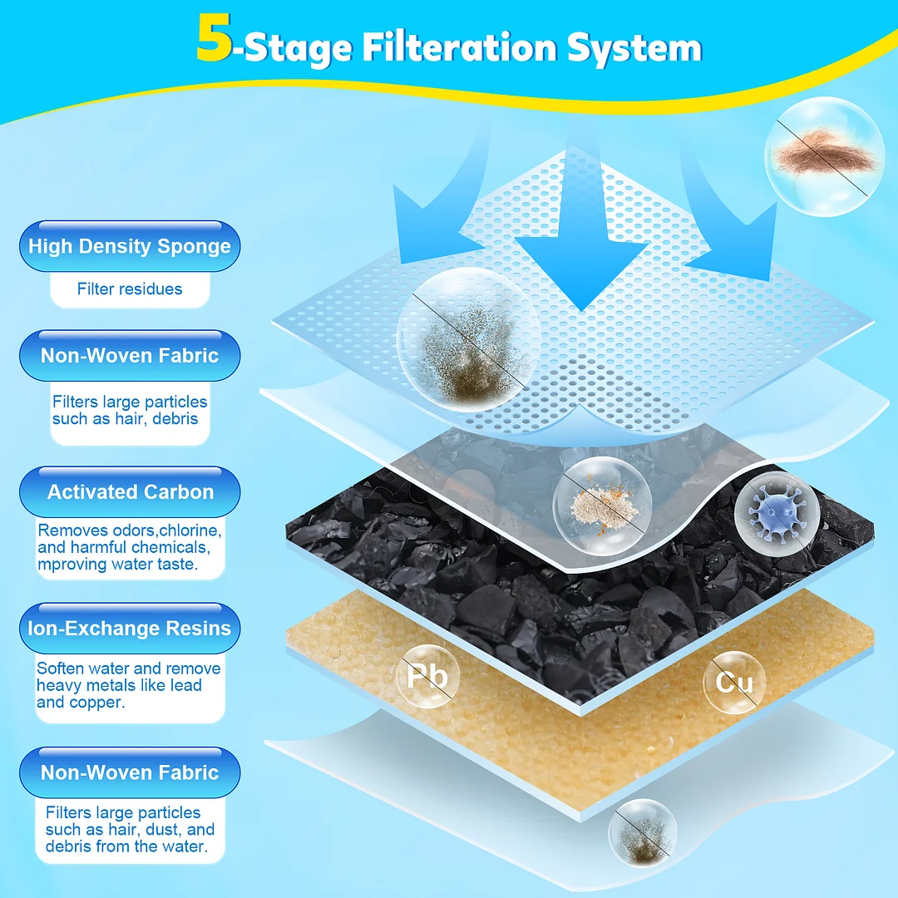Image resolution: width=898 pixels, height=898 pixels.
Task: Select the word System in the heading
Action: pyautogui.click(x=634, y=47)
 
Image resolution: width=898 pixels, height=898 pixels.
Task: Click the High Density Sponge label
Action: pyautogui.click(x=130, y=246)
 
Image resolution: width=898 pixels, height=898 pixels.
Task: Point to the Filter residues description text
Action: pyautogui.click(x=130, y=289)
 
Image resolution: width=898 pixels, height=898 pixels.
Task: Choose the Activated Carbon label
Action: pyautogui.click(x=130, y=492)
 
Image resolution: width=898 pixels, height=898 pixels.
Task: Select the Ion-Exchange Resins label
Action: pyautogui.click(x=130, y=629)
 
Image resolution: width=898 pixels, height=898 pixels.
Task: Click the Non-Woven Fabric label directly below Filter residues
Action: pyautogui.click(x=130, y=356)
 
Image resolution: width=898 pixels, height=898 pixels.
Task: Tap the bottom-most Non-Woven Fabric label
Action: pyautogui.click(x=130, y=772)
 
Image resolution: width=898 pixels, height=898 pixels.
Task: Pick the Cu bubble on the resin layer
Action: pyautogui.click(x=734, y=683)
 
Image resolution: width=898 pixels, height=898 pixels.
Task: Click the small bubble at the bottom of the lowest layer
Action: pyautogui.click(x=643, y=833)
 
